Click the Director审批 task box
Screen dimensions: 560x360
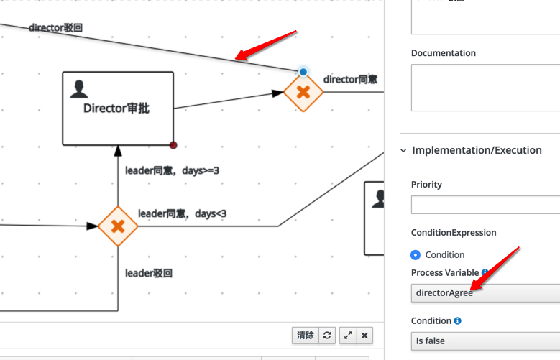tap(118, 109)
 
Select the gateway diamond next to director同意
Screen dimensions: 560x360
tap(303, 92)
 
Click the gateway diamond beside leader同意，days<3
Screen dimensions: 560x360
tap(118, 226)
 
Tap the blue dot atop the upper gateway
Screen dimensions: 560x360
tap(303, 72)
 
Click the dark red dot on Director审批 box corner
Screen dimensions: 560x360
tap(173, 145)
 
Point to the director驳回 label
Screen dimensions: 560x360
tap(56, 27)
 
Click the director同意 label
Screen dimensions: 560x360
tap(350, 79)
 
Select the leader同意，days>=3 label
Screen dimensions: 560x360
tap(172, 171)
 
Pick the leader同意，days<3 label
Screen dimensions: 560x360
tap(182, 213)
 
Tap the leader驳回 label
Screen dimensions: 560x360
tap(149, 273)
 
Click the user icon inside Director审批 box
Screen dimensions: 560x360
tap(79, 89)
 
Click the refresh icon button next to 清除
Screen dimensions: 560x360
tap(327, 336)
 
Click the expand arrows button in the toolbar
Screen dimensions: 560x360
tap(348, 336)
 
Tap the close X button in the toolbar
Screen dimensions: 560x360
tap(364, 336)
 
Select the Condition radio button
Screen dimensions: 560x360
tap(416, 255)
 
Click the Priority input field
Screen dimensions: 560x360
tap(485, 205)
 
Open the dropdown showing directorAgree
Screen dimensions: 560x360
tap(485, 293)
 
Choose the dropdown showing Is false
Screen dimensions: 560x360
tap(485, 341)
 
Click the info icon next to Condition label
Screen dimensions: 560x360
tap(457, 320)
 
